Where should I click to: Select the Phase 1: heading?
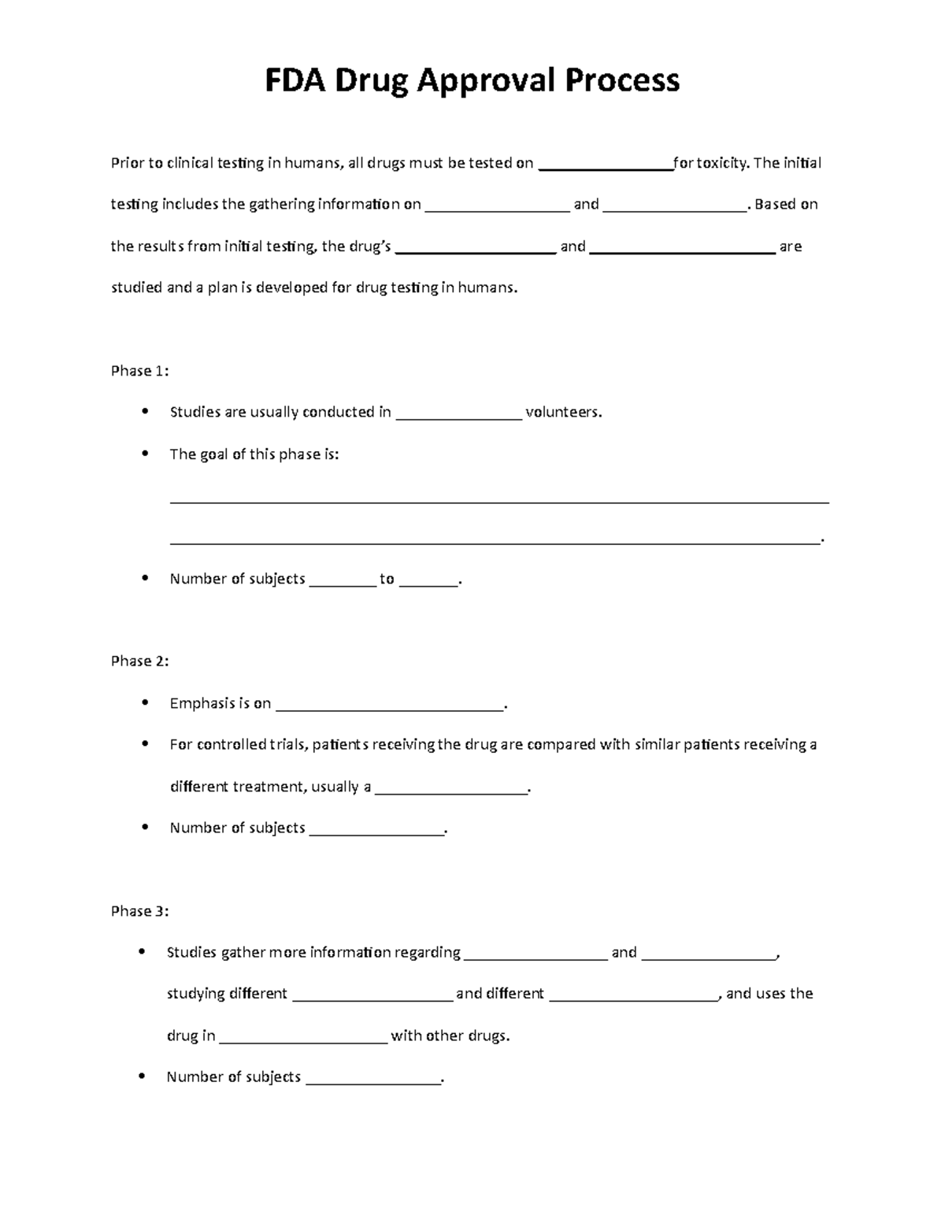(139, 371)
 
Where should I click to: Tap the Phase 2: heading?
(139, 661)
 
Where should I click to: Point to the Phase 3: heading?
(139, 911)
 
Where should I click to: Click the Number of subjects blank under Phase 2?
(376, 830)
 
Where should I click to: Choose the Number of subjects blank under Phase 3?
(372, 1079)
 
